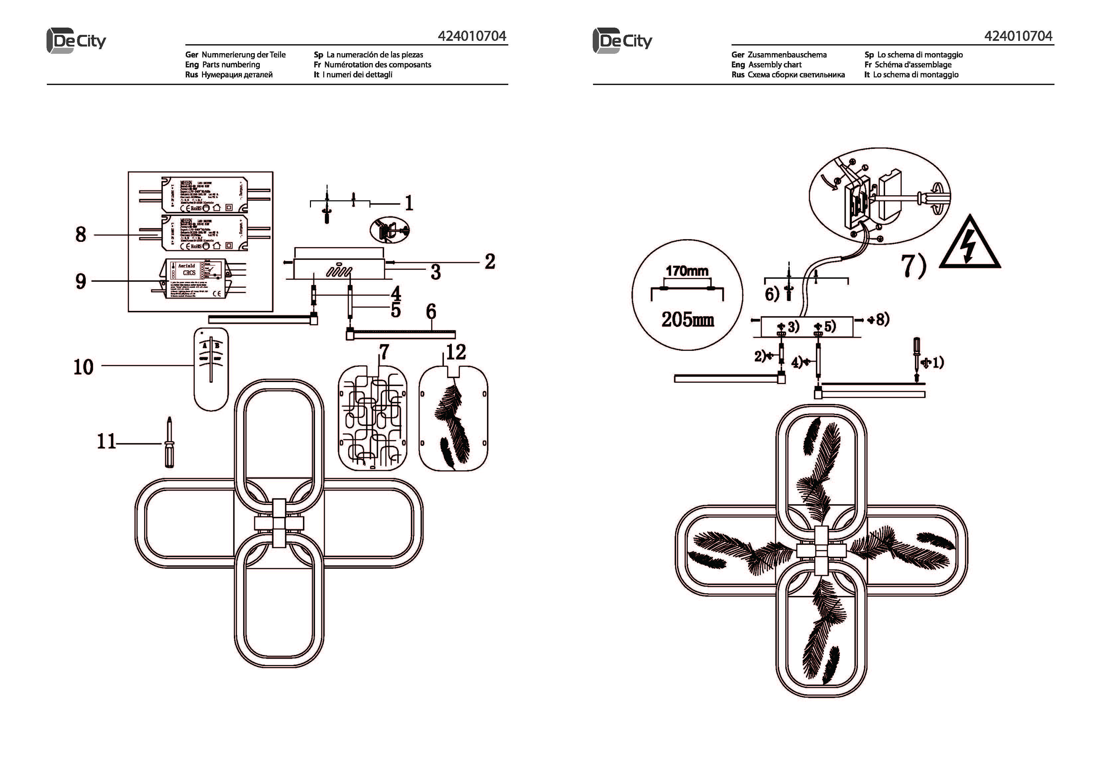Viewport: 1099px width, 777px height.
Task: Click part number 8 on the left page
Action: click(x=81, y=235)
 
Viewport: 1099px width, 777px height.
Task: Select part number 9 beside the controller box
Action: click(x=81, y=281)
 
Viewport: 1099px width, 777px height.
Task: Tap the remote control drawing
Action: click(x=211, y=369)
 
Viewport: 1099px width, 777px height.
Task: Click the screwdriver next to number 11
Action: click(x=168, y=443)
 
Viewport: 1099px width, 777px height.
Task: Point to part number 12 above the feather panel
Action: click(x=456, y=352)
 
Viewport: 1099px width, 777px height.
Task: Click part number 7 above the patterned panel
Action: click(x=383, y=352)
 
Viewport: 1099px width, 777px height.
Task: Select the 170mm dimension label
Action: click(x=687, y=271)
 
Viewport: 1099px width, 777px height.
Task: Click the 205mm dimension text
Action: click(x=687, y=319)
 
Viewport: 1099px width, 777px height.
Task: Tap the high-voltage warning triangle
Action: click(x=970, y=244)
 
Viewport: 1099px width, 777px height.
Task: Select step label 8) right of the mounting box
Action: click(x=881, y=319)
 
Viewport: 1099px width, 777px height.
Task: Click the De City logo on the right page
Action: click(x=622, y=41)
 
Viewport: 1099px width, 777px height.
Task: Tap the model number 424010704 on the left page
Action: click(x=472, y=36)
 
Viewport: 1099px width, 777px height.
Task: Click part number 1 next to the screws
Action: click(x=409, y=203)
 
